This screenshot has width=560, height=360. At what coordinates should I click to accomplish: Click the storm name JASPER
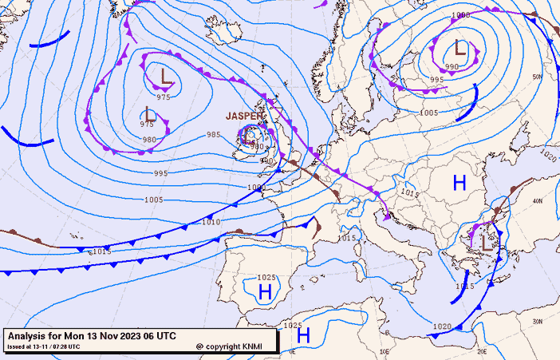tap(244, 116)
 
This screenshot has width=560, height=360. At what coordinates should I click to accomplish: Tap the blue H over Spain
tap(265, 292)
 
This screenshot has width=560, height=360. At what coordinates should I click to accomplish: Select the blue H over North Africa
tap(303, 336)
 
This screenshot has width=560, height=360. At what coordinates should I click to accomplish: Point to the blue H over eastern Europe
tap(459, 183)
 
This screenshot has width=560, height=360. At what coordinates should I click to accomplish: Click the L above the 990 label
tap(460, 49)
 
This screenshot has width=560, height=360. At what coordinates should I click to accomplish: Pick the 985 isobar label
tap(214, 135)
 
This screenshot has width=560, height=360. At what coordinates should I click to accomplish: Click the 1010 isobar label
tap(211, 222)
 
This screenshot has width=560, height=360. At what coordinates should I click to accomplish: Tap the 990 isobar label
tap(452, 66)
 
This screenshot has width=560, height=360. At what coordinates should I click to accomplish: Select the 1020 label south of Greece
tap(443, 326)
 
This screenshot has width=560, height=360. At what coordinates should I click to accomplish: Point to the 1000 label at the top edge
tap(460, 15)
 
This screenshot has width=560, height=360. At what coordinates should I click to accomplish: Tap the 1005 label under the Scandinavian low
tap(428, 113)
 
